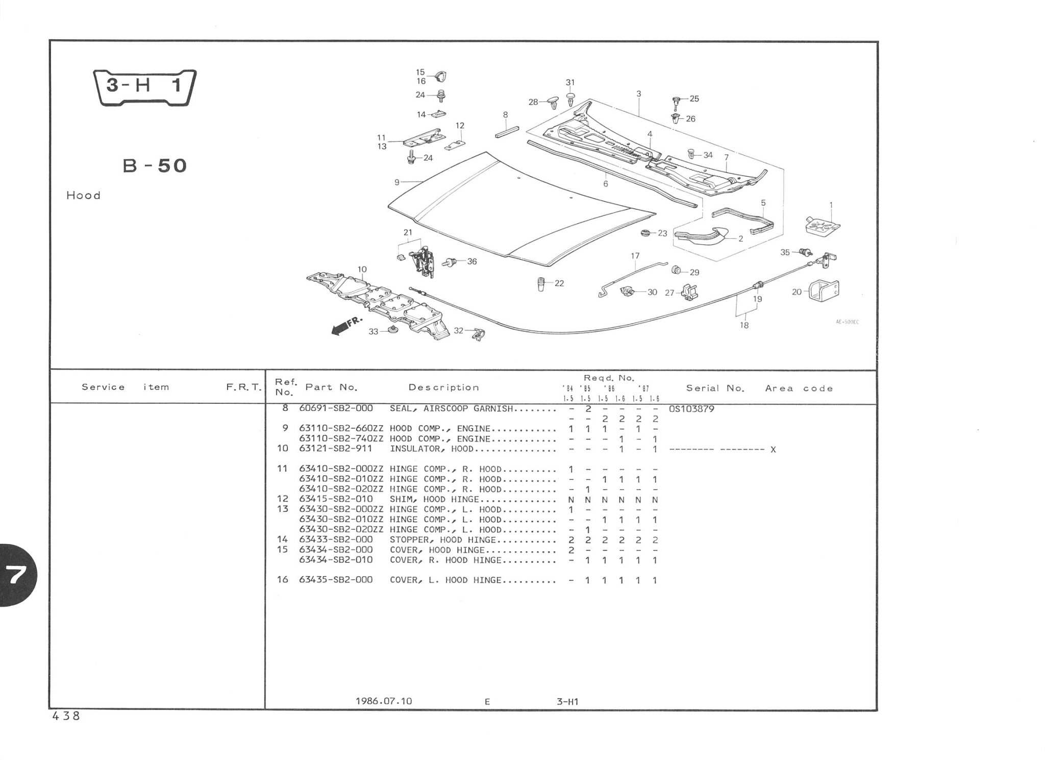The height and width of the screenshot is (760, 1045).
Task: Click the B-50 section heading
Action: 155,166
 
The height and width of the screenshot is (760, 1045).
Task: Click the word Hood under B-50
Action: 83,195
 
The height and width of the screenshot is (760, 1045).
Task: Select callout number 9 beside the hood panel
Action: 396,182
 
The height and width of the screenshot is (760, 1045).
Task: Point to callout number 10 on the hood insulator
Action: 362,269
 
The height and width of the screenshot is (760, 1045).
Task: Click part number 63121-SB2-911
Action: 335,449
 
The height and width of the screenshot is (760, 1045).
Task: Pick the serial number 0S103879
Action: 691,409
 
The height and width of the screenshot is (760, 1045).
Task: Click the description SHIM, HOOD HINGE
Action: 434,499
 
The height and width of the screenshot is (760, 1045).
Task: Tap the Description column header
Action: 443,387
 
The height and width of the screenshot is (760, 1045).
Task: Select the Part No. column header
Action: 331,387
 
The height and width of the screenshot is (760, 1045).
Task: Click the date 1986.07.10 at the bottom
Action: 384,701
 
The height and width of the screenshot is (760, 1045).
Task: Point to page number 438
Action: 66,716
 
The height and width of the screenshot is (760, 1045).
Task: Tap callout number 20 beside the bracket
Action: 797,292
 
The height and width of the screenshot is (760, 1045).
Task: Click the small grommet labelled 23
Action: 645,233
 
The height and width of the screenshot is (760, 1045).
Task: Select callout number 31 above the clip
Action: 570,82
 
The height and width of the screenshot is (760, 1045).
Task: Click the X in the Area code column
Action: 773,450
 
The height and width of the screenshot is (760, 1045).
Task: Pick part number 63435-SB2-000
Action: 335,580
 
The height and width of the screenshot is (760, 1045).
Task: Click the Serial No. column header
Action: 715,388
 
